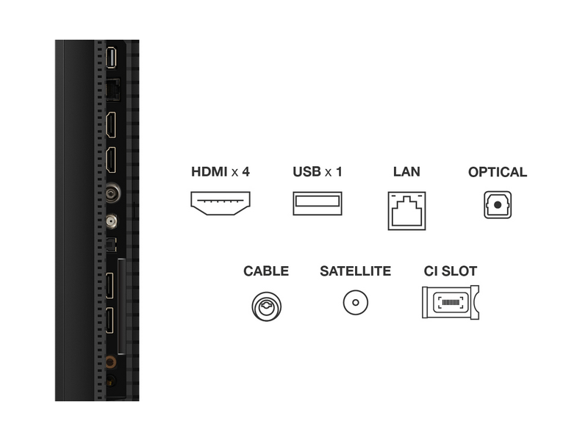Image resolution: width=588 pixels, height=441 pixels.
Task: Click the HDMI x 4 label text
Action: coord(220,172)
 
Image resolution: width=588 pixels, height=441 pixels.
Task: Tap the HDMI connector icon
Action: coord(220,203)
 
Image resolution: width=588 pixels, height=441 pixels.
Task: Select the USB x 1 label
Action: coord(318,172)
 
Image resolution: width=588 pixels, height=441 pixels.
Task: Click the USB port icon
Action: coord(318,203)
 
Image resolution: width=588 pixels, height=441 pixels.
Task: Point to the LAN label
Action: coord(406,172)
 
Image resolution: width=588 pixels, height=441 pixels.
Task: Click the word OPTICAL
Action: coord(498,172)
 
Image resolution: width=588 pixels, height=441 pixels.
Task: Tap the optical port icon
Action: coord(498,205)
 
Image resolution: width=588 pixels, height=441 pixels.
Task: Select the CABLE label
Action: coord(266,271)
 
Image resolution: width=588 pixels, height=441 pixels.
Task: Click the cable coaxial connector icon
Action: coord(266,304)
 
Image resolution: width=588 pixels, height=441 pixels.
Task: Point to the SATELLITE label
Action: coord(355,271)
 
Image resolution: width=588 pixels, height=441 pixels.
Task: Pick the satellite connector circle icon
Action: coord(355,302)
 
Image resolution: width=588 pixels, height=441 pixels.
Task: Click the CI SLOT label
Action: coord(450,271)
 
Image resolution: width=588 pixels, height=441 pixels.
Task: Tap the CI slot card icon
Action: coord(449,302)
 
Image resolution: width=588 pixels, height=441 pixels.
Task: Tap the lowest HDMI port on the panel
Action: coord(110,320)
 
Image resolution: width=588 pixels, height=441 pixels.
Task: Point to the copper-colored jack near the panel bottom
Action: coord(110,362)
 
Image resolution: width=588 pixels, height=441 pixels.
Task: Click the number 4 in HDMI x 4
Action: coord(246,172)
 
